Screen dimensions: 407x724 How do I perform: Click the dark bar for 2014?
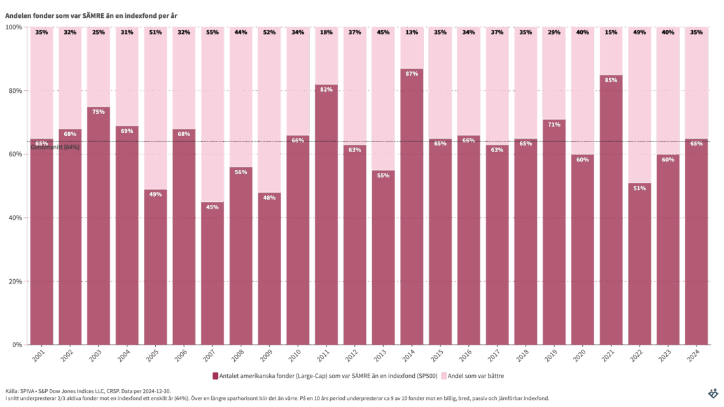coord(412,210)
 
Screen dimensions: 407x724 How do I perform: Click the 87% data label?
coord(412,74)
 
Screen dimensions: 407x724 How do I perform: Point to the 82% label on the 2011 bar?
coord(326,90)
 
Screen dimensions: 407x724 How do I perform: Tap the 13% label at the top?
coord(412,32)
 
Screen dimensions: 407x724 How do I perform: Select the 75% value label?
coord(99,112)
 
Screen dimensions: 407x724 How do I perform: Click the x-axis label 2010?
coord(296,356)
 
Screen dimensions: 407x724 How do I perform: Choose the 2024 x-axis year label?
coord(695,356)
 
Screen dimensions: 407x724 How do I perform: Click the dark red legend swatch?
coord(216,376)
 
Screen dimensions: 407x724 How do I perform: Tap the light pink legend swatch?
coord(444,376)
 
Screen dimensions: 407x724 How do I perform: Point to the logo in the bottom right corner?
coord(713,394)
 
